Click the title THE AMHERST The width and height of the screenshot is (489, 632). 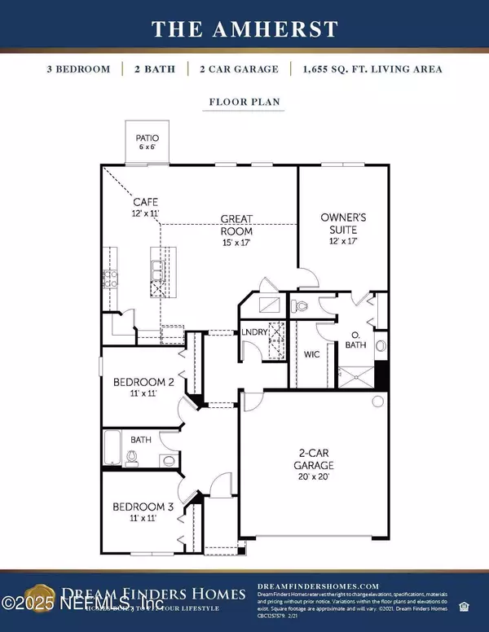coord(244,29)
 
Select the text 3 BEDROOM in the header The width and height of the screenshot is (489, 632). coord(78,69)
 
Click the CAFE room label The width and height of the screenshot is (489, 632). coord(146,200)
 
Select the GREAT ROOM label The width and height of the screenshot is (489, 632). coord(236,225)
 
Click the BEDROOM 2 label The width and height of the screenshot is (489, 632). coord(140,381)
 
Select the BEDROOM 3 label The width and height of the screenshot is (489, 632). coord(142,507)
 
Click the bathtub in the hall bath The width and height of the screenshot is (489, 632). coord(113,447)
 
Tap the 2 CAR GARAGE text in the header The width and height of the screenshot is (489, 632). coord(231,69)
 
